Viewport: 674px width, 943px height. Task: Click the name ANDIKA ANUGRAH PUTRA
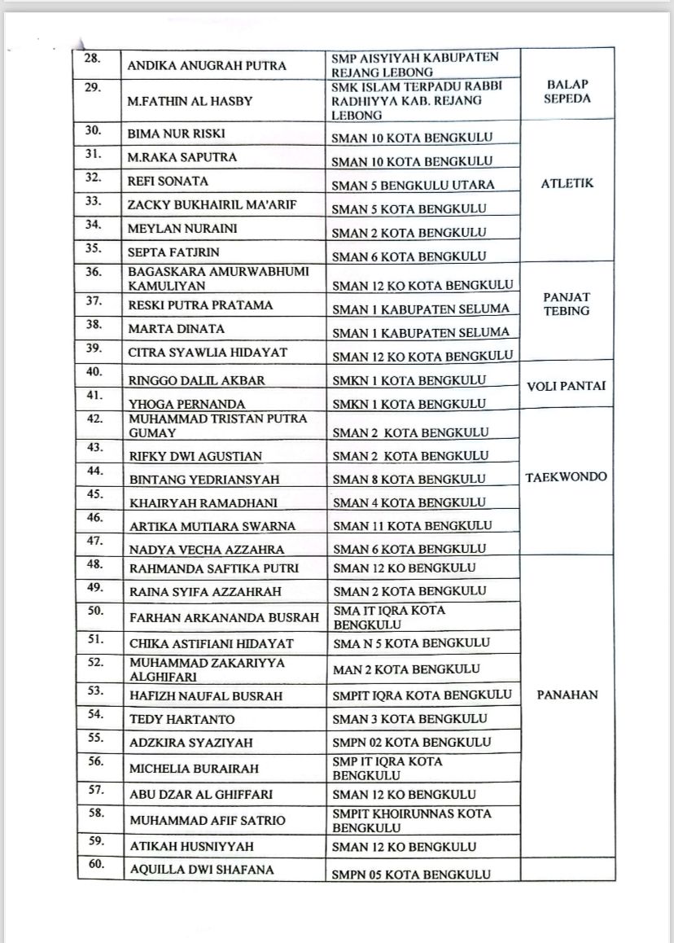[208, 66]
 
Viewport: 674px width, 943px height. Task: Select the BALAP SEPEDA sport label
[567, 91]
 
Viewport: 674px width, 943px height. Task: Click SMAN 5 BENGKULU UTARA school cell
[413, 185]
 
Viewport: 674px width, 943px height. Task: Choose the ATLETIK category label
[567, 183]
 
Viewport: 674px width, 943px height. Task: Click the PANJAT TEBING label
[567, 305]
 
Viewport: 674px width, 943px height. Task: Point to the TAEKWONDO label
[567, 477]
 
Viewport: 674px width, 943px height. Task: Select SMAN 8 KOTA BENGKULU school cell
[409, 479]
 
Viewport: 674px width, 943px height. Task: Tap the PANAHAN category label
[567, 695]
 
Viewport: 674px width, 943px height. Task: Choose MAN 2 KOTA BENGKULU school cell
[406, 669]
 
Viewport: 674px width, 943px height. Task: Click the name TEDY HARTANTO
[182, 720]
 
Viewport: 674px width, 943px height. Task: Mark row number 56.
[97, 761]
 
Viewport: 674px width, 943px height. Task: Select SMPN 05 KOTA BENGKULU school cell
[412, 875]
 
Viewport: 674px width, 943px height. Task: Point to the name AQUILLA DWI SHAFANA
[202, 870]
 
